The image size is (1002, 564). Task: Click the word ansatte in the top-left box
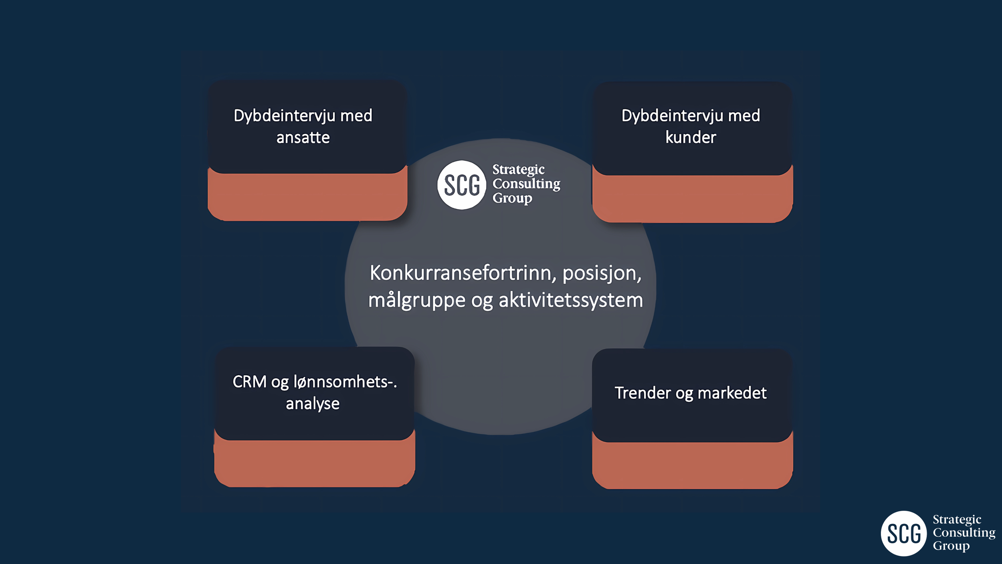[x=303, y=137]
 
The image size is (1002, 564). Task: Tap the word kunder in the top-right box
[x=691, y=137]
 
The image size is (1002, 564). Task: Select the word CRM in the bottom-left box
[x=249, y=382]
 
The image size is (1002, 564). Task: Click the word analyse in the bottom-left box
[x=313, y=404]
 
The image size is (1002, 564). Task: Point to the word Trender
[x=642, y=393]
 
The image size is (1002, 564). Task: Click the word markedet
[x=732, y=393]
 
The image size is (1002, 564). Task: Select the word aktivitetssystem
[x=571, y=300]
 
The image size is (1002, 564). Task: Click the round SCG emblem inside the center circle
[x=461, y=185]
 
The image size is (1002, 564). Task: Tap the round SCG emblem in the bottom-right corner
[x=903, y=534]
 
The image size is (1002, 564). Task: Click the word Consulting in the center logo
[x=526, y=184]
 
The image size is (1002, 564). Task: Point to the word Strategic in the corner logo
[x=957, y=520]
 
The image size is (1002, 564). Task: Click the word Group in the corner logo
[x=951, y=546]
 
